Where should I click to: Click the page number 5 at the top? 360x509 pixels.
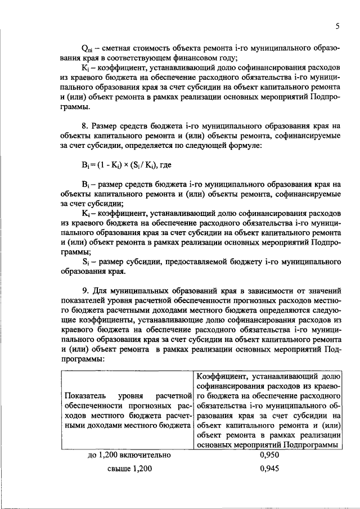pyautogui.click(x=337, y=26)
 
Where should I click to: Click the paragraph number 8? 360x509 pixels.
pyautogui.click(x=85, y=126)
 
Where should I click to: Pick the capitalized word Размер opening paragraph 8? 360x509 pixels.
pyautogui.click(x=106, y=126)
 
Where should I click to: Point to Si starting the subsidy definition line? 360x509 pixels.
pyautogui.click(x=85, y=262)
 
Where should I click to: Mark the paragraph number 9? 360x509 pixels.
pyautogui.click(x=85, y=291)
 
